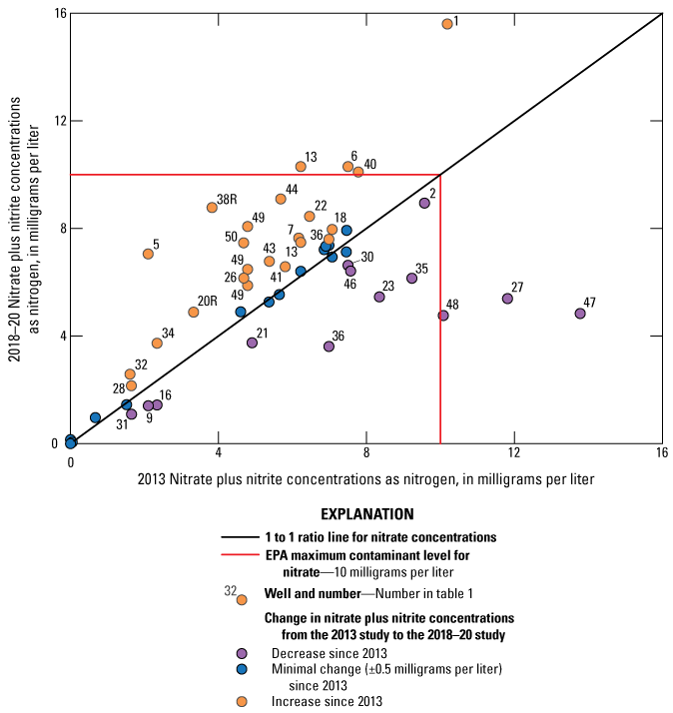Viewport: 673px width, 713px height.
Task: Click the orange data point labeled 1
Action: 447,23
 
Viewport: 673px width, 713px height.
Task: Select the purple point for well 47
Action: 580,314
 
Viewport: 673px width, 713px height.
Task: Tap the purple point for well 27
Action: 507,299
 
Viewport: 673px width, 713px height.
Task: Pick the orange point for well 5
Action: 148,254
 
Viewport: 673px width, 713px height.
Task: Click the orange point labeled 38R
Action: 212,208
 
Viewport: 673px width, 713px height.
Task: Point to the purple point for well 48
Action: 443,316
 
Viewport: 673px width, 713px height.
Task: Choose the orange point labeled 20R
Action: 194,313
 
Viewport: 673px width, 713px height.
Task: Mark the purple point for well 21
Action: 252,343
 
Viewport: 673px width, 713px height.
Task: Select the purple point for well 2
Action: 424,203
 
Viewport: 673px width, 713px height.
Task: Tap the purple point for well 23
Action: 379,297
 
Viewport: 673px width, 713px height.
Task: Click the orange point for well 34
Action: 157,344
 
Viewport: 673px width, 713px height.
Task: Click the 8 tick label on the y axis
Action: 57,229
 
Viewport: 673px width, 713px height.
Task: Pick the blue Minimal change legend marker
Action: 242,668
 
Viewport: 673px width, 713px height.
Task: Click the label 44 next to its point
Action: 292,189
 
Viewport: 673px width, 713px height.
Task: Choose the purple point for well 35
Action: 411,279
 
